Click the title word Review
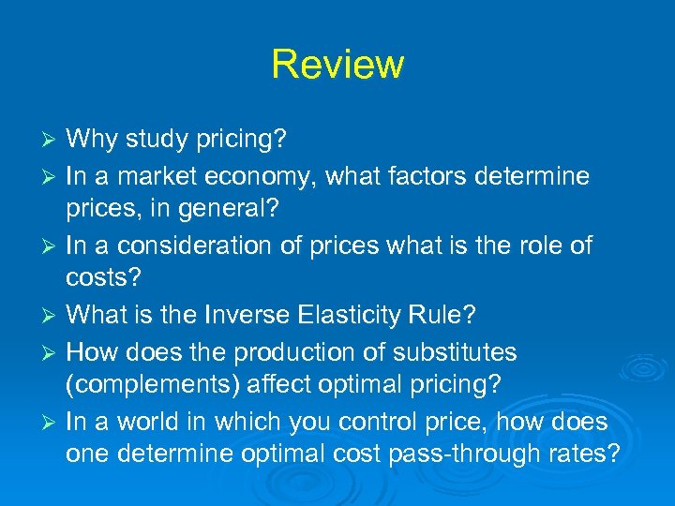[x=337, y=65]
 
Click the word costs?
[x=101, y=280]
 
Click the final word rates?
[x=587, y=456]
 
